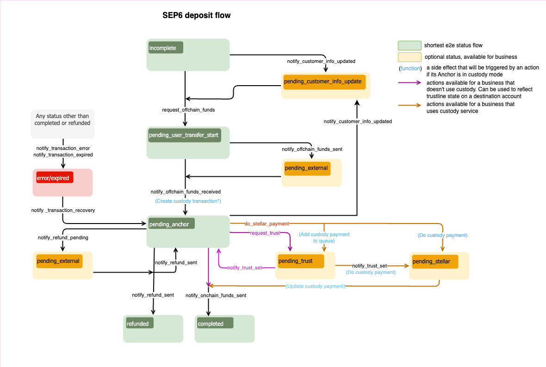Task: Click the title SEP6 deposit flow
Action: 196,15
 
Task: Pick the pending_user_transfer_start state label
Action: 184,135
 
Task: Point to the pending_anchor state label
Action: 171,224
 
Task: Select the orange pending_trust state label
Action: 299,261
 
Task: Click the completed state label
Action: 214,323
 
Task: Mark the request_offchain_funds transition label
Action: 188,110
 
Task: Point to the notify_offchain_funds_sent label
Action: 312,149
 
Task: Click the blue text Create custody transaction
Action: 188,201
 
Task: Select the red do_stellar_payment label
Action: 267,224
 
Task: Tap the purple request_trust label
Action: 265,233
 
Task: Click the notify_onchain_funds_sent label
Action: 216,295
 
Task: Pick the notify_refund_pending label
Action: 63,237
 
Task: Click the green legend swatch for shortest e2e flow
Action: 409,45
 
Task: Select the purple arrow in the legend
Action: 409,83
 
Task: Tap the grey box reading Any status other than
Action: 62,124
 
